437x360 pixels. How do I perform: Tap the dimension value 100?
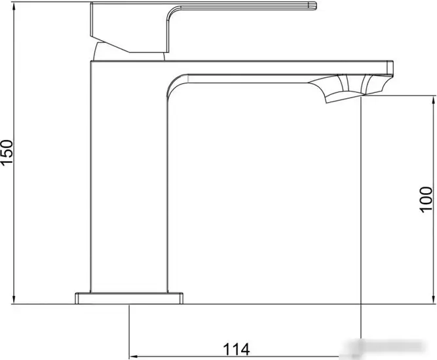click(427, 198)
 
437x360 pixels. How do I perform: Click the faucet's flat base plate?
click(129, 298)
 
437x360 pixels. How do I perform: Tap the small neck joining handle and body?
click(108, 52)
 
